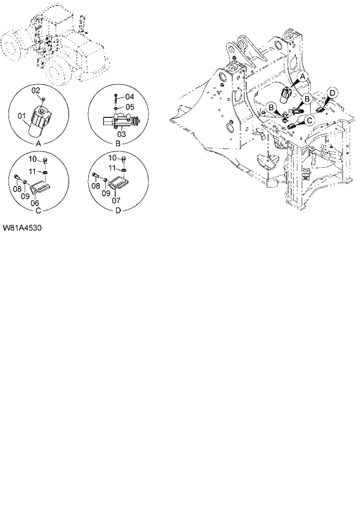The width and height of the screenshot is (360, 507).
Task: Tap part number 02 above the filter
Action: coord(35,90)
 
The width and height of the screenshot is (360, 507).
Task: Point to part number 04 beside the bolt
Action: coord(129,96)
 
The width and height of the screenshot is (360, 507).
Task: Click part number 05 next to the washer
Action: coord(129,106)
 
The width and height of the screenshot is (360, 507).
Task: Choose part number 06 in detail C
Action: coord(35,203)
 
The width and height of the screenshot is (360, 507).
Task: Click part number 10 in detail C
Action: coord(34,159)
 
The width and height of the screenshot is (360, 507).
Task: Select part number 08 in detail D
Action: coord(95,187)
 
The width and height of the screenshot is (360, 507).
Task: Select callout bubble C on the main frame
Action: coord(310,120)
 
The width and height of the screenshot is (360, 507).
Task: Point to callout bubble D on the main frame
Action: coord(332,93)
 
